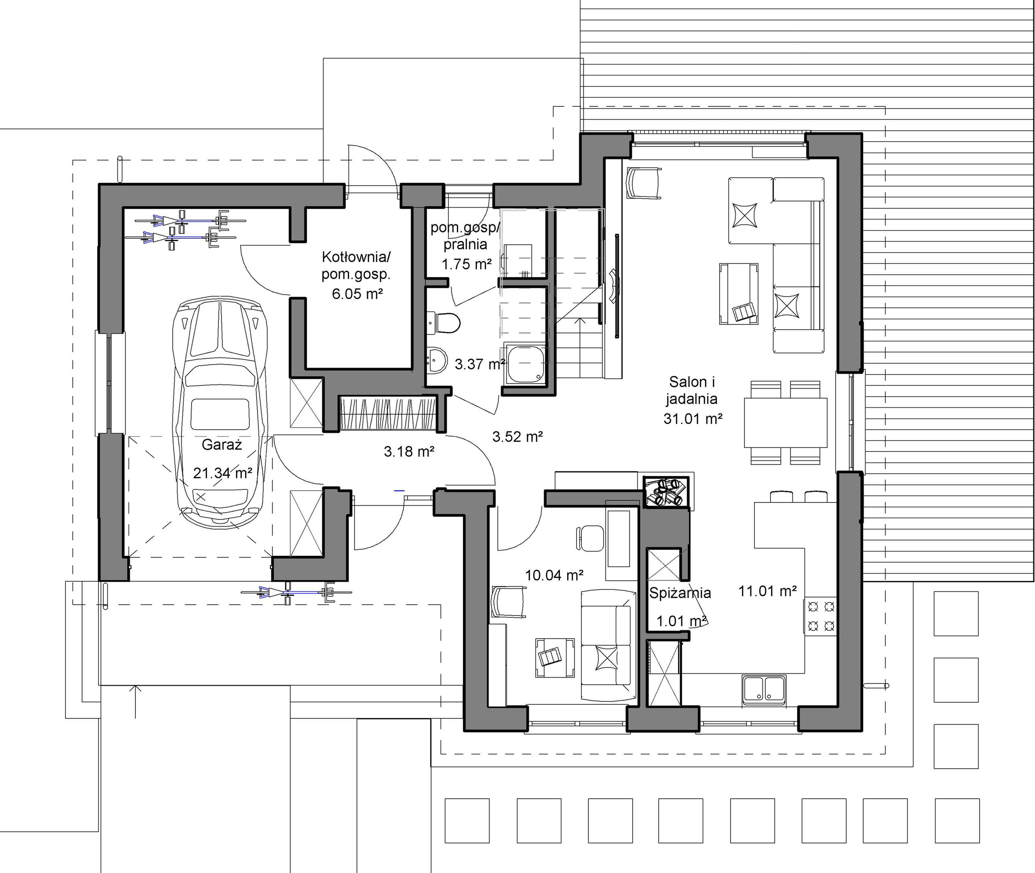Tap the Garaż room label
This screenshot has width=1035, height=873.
click(x=222, y=445)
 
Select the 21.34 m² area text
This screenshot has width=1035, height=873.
click(x=222, y=473)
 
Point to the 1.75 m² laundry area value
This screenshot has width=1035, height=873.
click(x=467, y=264)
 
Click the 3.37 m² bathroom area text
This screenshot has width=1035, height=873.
click(x=479, y=364)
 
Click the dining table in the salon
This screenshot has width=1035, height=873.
click(x=785, y=422)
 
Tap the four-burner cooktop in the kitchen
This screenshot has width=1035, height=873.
click(x=820, y=616)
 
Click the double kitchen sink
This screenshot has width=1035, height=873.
click(x=764, y=689)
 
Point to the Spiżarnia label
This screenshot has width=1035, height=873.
click(x=680, y=593)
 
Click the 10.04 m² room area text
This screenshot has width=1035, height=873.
click(x=554, y=575)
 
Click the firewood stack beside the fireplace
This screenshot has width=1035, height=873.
click(x=667, y=492)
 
